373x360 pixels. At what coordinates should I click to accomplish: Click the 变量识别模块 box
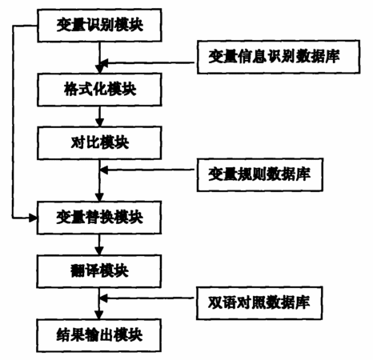(x=99, y=26)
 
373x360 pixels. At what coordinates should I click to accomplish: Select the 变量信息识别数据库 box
(x=279, y=57)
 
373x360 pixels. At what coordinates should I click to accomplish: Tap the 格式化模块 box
(x=99, y=90)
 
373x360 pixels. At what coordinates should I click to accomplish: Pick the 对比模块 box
(x=99, y=143)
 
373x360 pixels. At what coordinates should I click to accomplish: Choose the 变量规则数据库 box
(x=260, y=174)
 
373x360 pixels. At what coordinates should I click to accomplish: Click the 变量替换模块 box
(x=99, y=218)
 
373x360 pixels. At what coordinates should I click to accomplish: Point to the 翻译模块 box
(x=99, y=271)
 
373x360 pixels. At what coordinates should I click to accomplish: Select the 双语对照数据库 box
(x=259, y=303)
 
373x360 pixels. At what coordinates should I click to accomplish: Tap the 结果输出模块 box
(x=99, y=335)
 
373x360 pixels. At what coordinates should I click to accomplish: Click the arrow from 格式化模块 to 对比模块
(x=99, y=116)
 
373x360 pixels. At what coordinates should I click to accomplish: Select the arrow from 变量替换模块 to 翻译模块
(x=99, y=245)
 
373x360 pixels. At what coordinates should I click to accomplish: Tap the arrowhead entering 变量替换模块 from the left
(x=33, y=218)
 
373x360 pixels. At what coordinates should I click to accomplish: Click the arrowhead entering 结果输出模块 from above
(x=99, y=314)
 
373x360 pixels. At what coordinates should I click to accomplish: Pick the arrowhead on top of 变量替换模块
(x=99, y=197)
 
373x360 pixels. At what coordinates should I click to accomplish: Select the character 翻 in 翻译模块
(x=78, y=271)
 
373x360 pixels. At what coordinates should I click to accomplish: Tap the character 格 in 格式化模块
(x=70, y=89)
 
